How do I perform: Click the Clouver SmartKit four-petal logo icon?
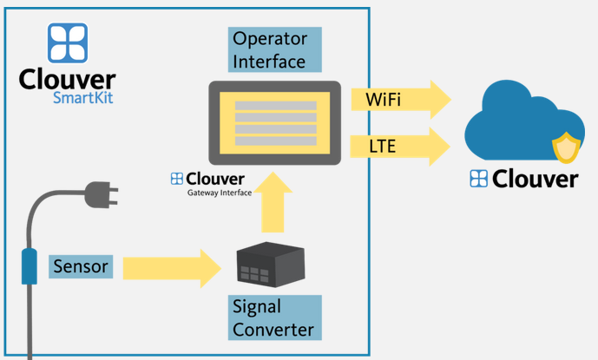(67, 44)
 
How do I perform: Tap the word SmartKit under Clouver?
(82, 98)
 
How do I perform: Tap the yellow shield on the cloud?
(566, 147)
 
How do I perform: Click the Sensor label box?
(81, 266)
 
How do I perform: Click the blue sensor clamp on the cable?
(30, 265)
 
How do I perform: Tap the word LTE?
(382, 147)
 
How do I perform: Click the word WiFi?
(383, 100)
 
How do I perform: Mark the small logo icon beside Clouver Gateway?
(176, 179)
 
